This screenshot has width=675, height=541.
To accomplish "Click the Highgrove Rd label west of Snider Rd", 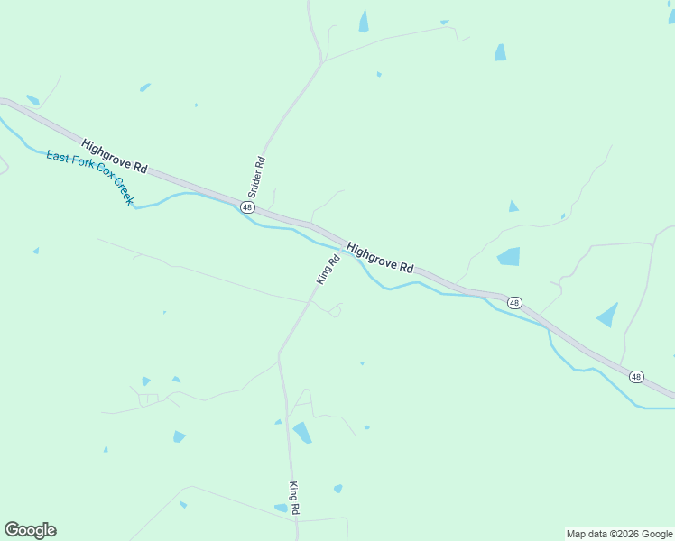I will (114, 156).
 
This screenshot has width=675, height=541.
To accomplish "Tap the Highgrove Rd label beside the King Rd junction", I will (380, 257).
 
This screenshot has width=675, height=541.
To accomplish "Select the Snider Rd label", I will (256, 178).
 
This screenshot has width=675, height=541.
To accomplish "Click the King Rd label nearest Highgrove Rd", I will (328, 270).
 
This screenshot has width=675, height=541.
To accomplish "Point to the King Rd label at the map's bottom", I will (294, 499).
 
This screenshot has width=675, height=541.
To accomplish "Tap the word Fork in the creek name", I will (85, 166).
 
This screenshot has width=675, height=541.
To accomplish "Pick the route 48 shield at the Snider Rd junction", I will (247, 207).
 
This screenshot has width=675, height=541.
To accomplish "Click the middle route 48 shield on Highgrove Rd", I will (514, 303).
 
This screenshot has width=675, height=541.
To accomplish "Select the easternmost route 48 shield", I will (636, 376).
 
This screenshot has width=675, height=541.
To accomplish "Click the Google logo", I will (30, 530).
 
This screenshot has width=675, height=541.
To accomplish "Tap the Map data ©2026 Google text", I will (620, 534).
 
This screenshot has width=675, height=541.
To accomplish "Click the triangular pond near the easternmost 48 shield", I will (608, 315).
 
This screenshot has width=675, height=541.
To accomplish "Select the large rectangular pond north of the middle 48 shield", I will (509, 256).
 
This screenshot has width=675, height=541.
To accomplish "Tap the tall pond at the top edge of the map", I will (364, 22).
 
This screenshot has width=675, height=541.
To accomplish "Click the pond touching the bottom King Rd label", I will (282, 508).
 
